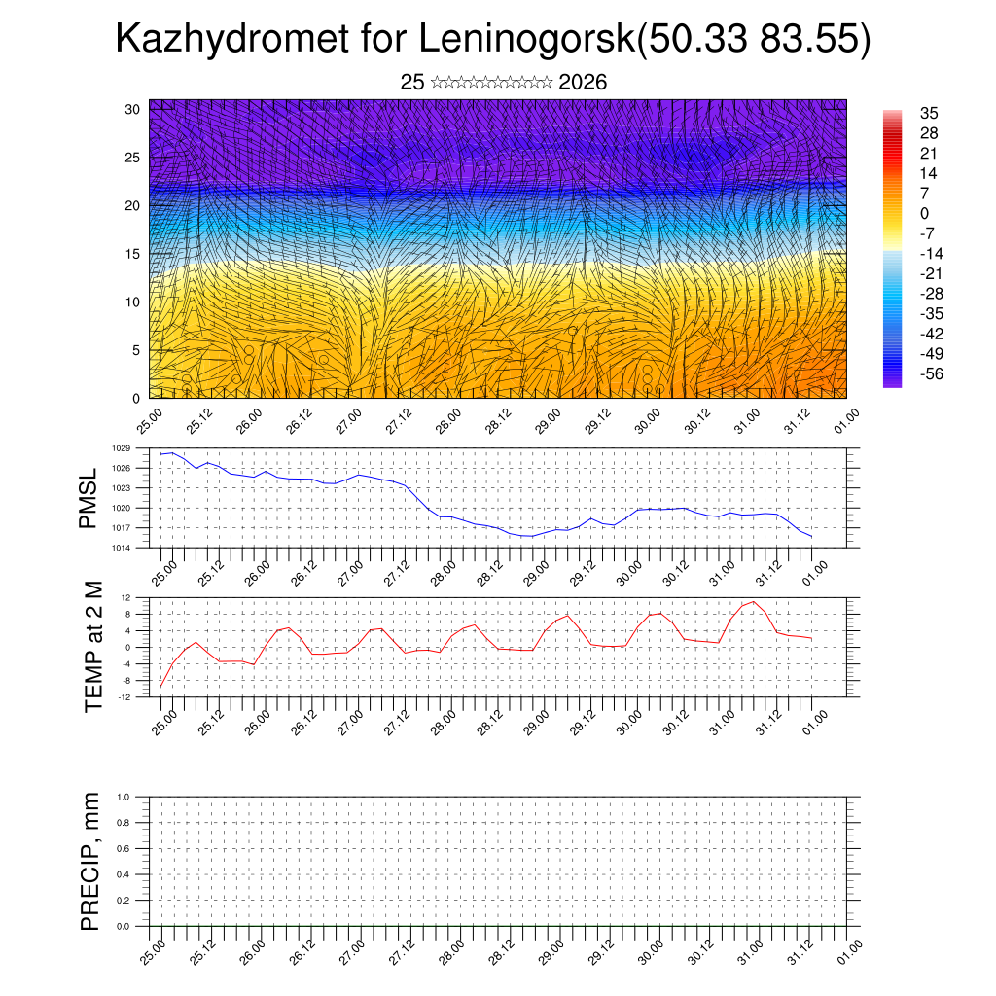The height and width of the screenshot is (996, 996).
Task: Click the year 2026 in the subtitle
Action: click(583, 83)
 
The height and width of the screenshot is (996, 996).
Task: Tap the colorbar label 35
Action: click(929, 114)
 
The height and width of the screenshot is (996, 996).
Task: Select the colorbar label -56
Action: click(931, 373)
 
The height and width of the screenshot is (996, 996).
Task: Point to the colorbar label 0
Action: click(924, 214)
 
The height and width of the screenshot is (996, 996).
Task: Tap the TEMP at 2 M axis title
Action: click(93, 646)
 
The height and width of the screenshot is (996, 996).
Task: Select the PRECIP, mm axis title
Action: click(90, 861)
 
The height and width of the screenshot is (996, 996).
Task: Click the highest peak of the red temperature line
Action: click(753, 602)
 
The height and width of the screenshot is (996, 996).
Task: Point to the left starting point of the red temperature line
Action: click(161, 687)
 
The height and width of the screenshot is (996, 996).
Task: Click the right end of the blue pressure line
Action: click(811, 537)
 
